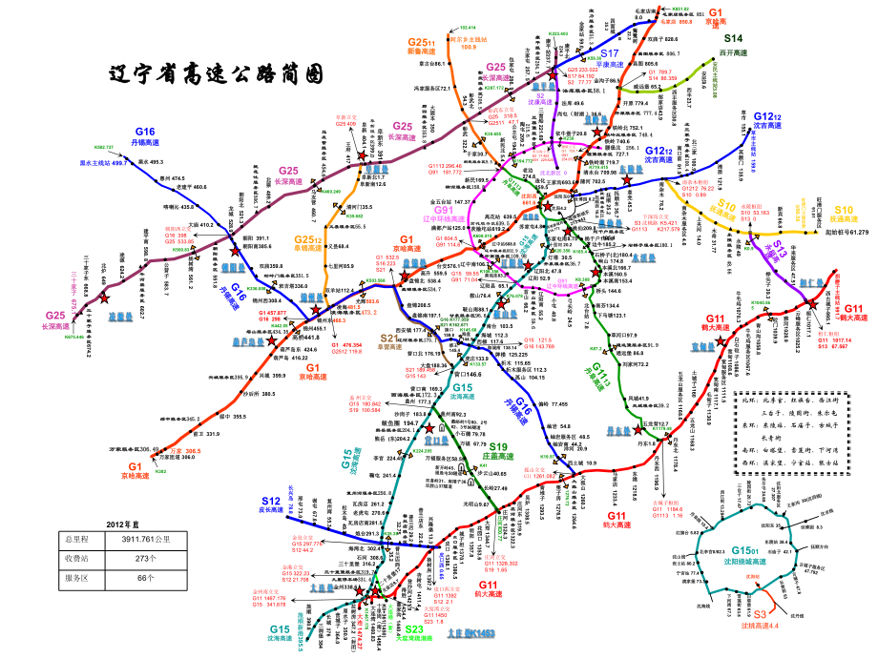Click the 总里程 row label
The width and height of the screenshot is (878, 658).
75,539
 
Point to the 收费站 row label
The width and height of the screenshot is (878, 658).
75,558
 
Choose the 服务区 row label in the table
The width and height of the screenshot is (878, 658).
75,577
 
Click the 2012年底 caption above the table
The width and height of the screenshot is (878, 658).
123,524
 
